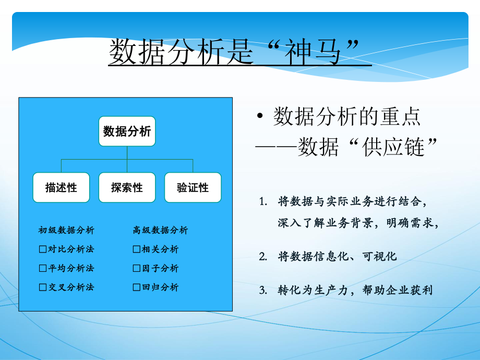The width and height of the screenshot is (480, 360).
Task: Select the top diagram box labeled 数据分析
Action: point(127,131)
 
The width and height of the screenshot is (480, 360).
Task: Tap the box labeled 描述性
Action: point(61,187)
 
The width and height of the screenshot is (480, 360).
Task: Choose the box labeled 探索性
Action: point(127,187)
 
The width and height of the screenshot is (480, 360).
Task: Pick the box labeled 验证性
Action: point(193,187)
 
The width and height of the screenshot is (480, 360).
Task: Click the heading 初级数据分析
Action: point(66,230)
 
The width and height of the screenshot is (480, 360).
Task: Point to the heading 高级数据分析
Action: point(160,230)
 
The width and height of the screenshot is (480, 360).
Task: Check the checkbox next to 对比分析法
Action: point(43,249)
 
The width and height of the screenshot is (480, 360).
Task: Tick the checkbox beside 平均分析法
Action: point(43,268)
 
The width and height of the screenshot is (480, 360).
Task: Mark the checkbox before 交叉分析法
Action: point(43,287)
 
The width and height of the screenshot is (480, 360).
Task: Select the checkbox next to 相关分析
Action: point(137,249)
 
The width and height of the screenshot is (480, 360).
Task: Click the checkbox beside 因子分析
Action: point(137,268)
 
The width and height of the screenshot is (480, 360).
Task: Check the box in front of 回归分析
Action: point(137,287)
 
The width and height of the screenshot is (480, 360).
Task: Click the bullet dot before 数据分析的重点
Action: point(259,117)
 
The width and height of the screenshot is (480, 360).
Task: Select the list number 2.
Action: point(262,256)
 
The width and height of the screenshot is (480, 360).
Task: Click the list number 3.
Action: point(262,290)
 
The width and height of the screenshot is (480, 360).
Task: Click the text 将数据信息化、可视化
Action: point(338,256)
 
